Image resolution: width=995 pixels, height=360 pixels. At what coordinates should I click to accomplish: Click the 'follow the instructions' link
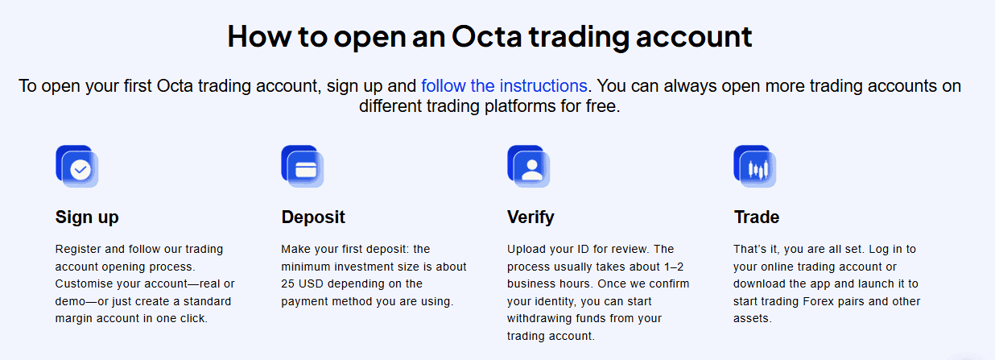[x=504, y=86]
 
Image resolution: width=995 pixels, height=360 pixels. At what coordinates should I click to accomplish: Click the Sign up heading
[x=87, y=217]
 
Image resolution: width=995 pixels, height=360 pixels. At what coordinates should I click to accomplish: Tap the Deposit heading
[x=313, y=217]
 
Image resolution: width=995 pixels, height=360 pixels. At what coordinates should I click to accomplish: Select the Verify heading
[x=531, y=217]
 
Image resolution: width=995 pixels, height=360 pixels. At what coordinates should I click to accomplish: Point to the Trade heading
[x=757, y=217]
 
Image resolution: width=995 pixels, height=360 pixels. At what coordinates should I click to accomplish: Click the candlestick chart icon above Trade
[x=756, y=168]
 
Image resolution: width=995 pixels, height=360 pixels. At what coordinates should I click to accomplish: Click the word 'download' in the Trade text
[x=761, y=284]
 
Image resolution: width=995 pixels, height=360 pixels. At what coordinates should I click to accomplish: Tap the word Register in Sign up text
[x=78, y=249]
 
